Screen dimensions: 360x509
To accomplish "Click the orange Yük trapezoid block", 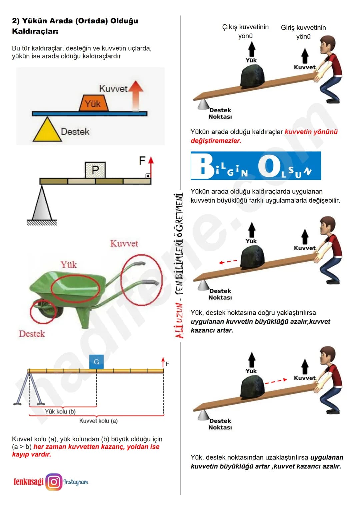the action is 93,103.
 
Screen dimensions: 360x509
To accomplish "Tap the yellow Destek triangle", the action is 47,130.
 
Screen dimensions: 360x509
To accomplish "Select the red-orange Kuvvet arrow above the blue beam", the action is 136,95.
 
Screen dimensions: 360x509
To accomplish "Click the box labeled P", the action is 95,170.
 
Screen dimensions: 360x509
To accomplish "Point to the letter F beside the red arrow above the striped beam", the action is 142,161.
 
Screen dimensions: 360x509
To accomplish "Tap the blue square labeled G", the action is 96,362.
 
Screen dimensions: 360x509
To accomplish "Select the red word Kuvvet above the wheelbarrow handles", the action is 124,243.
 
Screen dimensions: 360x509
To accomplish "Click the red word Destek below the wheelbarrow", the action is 32,334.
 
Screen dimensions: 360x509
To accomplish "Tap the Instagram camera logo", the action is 54,482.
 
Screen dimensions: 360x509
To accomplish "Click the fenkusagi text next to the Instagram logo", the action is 28,482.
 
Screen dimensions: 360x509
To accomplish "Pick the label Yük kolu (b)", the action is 60,411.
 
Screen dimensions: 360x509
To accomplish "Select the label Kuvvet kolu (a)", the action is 98,421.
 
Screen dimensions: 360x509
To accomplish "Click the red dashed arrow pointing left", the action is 228,262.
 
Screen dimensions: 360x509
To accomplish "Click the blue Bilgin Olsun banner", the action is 256,166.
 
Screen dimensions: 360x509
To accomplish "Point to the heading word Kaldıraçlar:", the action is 35,31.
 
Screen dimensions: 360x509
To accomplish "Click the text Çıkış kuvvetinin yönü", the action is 245,31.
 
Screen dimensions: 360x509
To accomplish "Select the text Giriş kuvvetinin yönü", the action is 303,32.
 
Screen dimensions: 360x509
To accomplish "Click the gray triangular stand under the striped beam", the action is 42,203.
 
